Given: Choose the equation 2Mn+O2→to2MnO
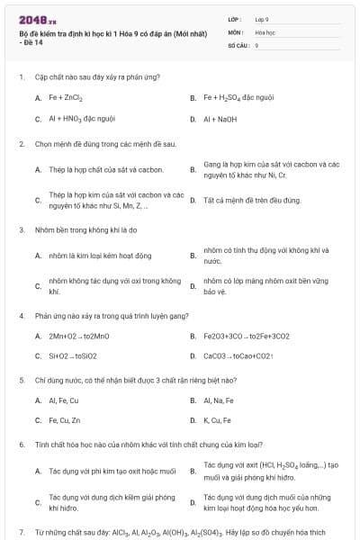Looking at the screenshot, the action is tap(79, 337).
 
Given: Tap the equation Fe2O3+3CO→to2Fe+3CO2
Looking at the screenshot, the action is tap(247, 337).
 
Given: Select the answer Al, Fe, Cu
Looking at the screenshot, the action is tap(64, 400).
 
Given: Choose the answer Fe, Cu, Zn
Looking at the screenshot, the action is tap(64, 419).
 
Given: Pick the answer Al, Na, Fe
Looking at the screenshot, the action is tap(219, 400).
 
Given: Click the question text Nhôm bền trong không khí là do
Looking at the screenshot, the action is tap(85, 229).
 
